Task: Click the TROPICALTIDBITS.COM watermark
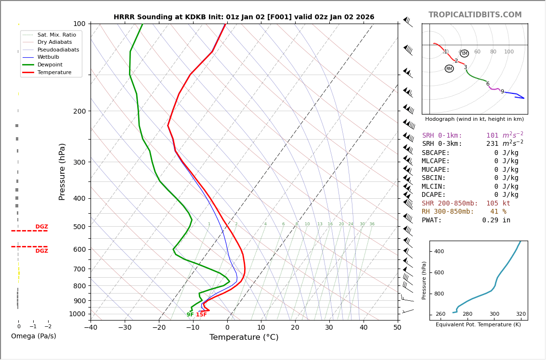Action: point(475,15)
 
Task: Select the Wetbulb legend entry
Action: point(48,57)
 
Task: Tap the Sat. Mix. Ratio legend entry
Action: point(56,35)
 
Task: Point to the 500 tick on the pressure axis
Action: point(79,227)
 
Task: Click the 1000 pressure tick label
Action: point(78,314)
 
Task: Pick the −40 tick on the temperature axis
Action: point(91,328)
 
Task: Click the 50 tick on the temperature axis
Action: point(397,328)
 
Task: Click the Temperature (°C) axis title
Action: point(244,337)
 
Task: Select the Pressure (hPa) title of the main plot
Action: point(62,171)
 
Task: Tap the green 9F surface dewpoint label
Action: point(190,315)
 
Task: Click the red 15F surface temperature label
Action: point(201,315)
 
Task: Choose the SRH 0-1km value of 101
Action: point(492,136)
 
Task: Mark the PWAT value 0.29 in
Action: point(496,220)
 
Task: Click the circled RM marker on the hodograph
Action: point(449,69)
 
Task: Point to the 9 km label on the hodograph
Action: point(502,92)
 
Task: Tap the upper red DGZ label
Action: point(41,227)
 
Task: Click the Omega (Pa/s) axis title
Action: point(34,336)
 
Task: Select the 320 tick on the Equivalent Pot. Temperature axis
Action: point(521,314)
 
